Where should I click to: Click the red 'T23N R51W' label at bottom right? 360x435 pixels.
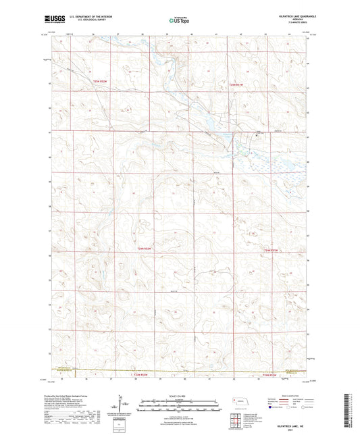(x=269, y=375)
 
